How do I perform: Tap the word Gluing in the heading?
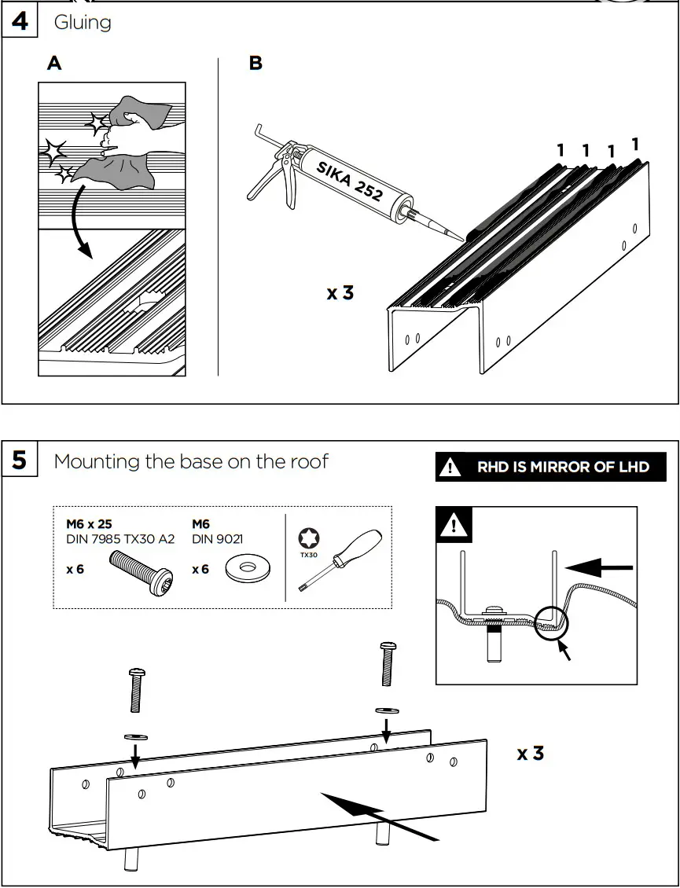click(x=82, y=22)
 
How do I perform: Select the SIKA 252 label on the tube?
click(x=350, y=180)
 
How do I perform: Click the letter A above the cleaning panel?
click(x=53, y=63)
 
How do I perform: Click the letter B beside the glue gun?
click(x=255, y=63)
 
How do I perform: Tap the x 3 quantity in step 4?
click(x=340, y=293)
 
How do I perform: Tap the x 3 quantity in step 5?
click(x=530, y=753)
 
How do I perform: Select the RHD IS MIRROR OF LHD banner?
click(x=550, y=467)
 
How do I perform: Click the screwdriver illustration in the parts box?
click(x=342, y=559)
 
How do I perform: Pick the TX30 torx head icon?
click(x=308, y=540)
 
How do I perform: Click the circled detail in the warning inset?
click(x=551, y=621)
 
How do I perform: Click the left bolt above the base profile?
click(x=137, y=689)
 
